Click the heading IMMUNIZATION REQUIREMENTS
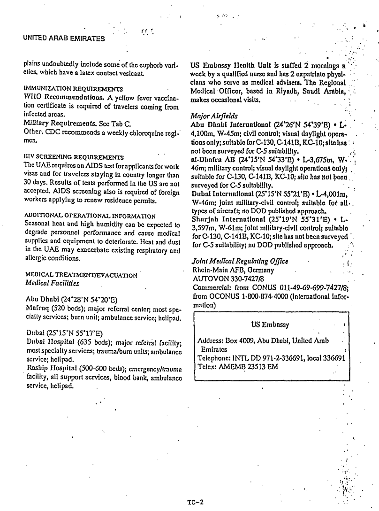click(73, 88)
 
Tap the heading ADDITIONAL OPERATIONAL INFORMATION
click(90, 216)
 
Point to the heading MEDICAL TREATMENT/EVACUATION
click(81, 275)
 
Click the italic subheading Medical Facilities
click(52, 283)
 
